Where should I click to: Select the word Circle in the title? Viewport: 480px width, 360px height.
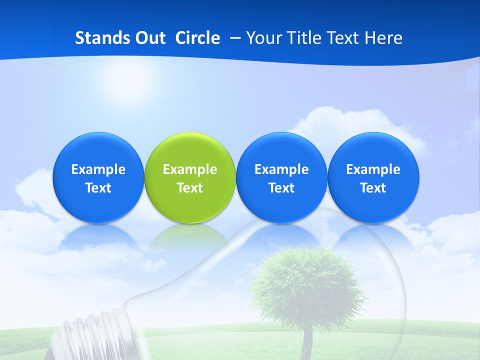pos(197,38)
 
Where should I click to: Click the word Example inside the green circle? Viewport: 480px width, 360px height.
pos(190,169)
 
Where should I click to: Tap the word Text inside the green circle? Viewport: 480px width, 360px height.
pos(190,188)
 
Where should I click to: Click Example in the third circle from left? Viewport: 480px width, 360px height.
pos(281,169)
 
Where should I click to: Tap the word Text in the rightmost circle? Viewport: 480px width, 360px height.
pos(373,188)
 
